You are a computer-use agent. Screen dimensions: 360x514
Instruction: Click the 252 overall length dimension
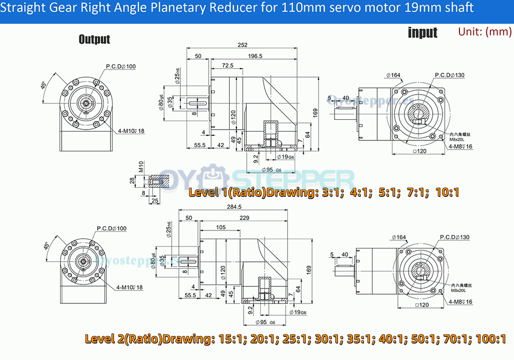(242, 45)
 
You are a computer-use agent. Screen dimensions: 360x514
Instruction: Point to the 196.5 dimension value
(255, 56)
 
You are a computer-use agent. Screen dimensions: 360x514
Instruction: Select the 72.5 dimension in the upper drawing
(228, 65)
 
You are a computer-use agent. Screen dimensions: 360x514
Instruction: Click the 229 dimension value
(244, 218)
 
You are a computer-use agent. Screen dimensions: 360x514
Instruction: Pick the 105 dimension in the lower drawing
(221, 227)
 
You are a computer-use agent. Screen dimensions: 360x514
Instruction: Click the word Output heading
(94, 39)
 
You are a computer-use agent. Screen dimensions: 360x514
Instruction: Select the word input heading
(422, 32)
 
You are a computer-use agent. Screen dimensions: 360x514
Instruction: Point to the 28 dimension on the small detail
(132, 181)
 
